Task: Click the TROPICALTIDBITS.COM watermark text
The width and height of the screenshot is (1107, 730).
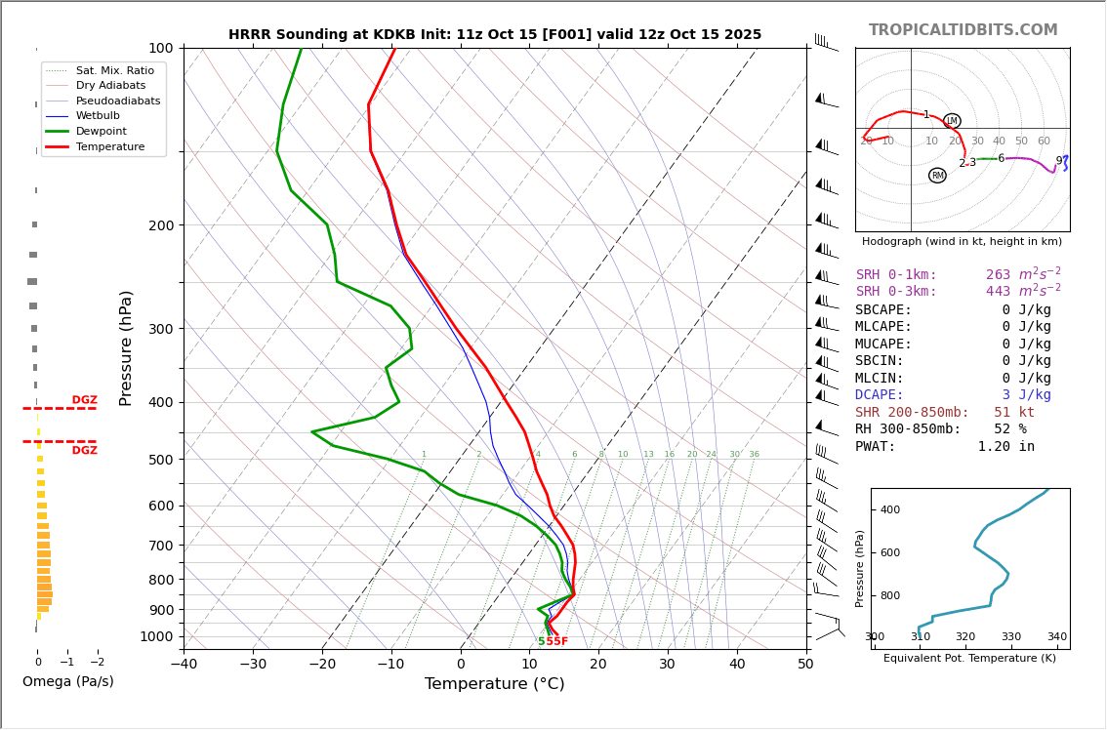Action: tap(963, 30)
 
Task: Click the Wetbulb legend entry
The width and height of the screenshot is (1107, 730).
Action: tap(98, 116)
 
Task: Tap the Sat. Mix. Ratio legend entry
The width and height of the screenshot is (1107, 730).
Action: tap(114, 70)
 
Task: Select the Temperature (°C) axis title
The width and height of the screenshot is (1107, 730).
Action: tap(494, 684)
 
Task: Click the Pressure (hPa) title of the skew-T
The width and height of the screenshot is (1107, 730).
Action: tap(126, 347)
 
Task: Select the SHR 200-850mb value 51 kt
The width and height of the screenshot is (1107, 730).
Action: tap(1014, 413)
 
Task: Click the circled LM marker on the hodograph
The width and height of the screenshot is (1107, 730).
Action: tap(952, 121)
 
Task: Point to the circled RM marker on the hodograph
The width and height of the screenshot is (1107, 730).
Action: tap(937, 176)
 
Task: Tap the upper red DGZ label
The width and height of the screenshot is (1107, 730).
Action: tap(85, 400)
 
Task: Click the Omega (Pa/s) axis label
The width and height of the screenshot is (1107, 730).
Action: tap(68, 681)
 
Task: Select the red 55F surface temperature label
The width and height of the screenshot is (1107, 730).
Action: tap(556, 642)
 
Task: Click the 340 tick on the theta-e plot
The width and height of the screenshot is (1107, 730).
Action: tap(1057, 637)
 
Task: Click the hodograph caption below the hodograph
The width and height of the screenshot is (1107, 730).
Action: tap(962, 241)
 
